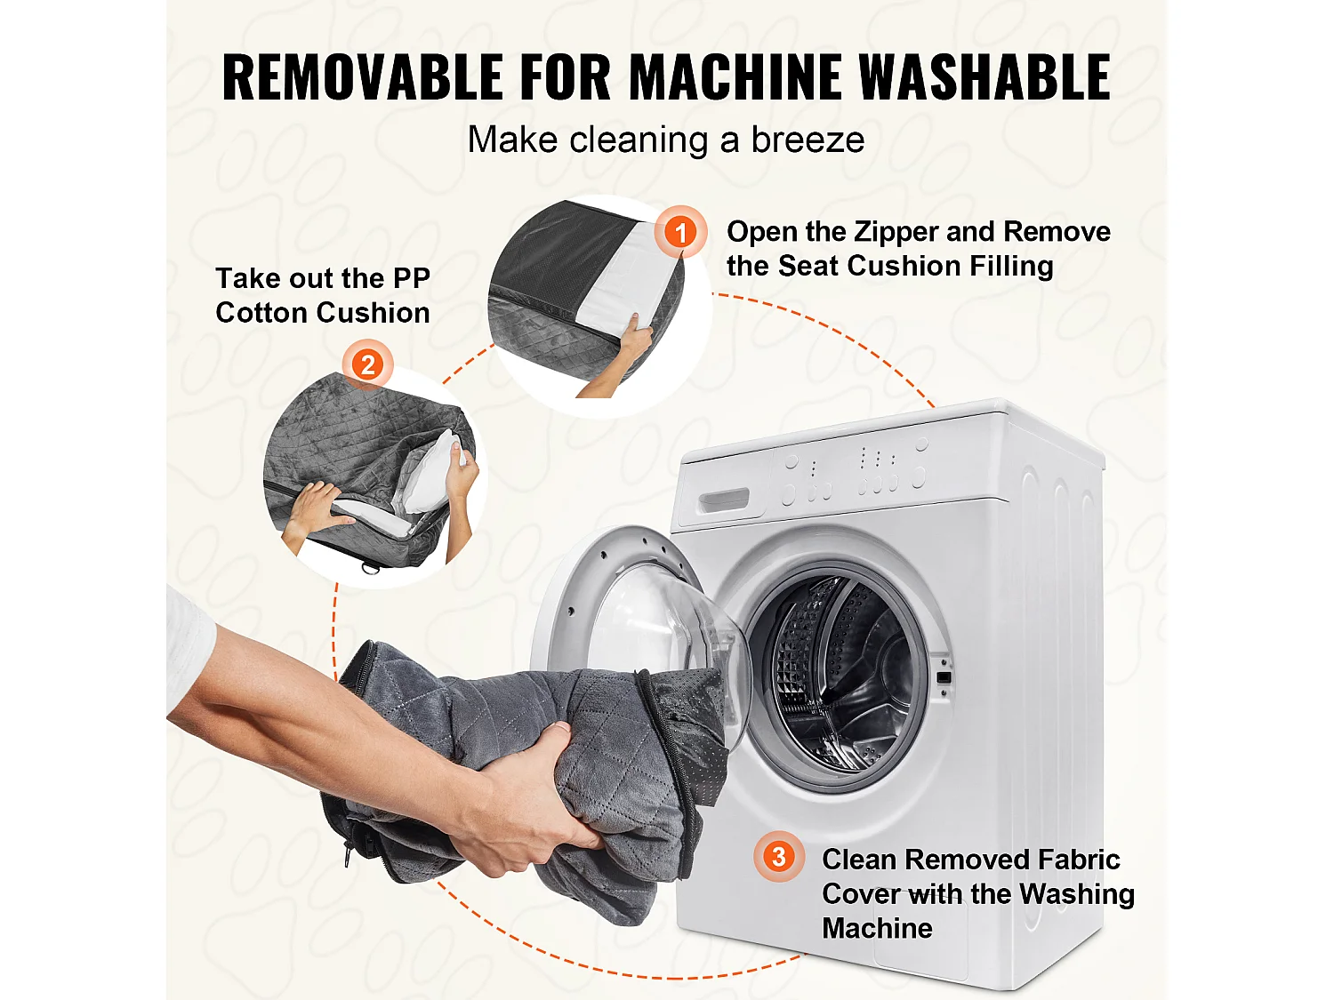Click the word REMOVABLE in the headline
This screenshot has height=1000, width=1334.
point(362,76)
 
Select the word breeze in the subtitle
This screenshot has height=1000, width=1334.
point(808,140)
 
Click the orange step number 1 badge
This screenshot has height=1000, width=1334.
point(680,232)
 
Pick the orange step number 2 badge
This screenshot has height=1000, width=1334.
point(367,365)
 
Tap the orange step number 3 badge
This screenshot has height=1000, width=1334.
point(779,857)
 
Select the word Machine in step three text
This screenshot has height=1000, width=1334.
point(877,929)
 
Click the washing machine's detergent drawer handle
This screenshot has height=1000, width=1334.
point(723,501)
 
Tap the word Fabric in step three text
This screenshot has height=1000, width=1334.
point(1078,860)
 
